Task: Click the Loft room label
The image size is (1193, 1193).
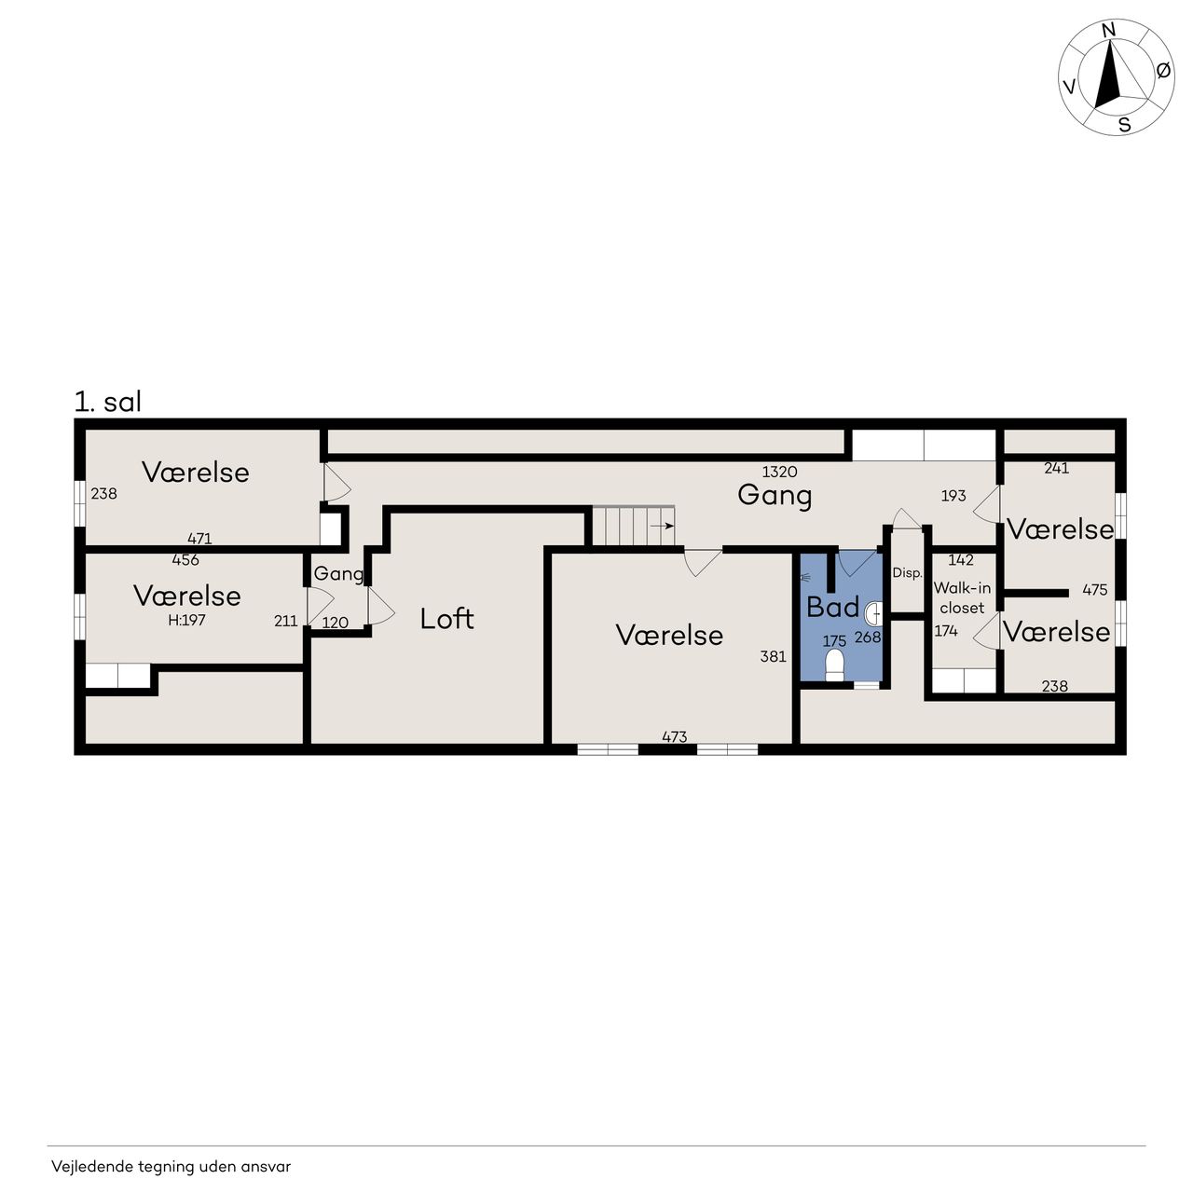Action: [x=446, y=619]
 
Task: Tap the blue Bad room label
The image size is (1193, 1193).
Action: [x=832, y=608]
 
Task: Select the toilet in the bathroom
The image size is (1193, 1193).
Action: [x=834, y=665]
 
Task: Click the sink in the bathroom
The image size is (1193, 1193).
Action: [x=874, y=614]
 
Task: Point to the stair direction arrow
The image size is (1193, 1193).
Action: [x=662, y=526]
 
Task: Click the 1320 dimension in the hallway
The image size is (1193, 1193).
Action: [x=779, y=472]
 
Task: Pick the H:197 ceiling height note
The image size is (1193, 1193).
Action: [x=186, y=620]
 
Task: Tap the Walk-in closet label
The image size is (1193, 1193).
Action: [x=962, y=597]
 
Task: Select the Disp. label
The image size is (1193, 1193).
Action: [x=907, y=573]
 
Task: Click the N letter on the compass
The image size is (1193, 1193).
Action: [x=1109, y=30]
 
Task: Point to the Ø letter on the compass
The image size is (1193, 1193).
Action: [x=1163, y=71]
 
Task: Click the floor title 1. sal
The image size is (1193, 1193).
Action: [x=108, y=402]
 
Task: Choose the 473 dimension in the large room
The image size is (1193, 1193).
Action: [x=674, y=736]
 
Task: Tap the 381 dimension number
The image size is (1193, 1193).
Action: [x=774, y=656]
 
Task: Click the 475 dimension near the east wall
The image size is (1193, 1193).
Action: [x=1094, y=589]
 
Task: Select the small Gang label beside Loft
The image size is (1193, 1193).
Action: [x=338, y=574]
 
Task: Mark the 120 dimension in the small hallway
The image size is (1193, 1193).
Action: [x=335, y=623]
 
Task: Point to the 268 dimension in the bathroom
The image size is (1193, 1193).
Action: [x=868, y=638]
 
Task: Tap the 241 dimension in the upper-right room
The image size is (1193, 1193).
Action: [x=1056, y=468]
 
